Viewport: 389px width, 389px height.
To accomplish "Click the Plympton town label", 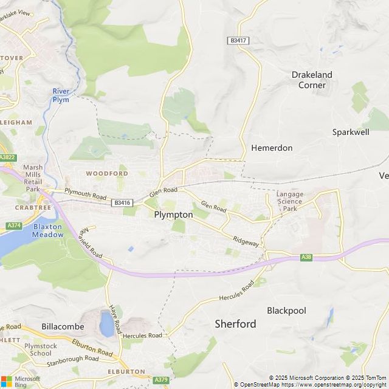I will point(173,215).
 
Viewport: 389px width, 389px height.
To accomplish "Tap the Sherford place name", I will point(235,324).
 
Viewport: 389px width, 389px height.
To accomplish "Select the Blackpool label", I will point(286,311).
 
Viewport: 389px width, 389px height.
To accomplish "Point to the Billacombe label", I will point(63,326).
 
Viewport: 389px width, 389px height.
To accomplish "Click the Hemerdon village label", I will point(272,148).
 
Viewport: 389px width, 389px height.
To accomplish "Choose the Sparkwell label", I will point(351,132).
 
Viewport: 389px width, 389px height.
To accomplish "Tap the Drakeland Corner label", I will point(312,80).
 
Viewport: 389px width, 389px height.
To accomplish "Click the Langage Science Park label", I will point(289,201).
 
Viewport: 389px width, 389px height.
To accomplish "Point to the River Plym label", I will point(61,95).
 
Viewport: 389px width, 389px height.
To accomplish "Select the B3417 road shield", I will point(239,40).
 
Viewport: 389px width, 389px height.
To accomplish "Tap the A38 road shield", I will point(307,258).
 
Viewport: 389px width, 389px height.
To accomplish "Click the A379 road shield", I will point(161,380).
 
